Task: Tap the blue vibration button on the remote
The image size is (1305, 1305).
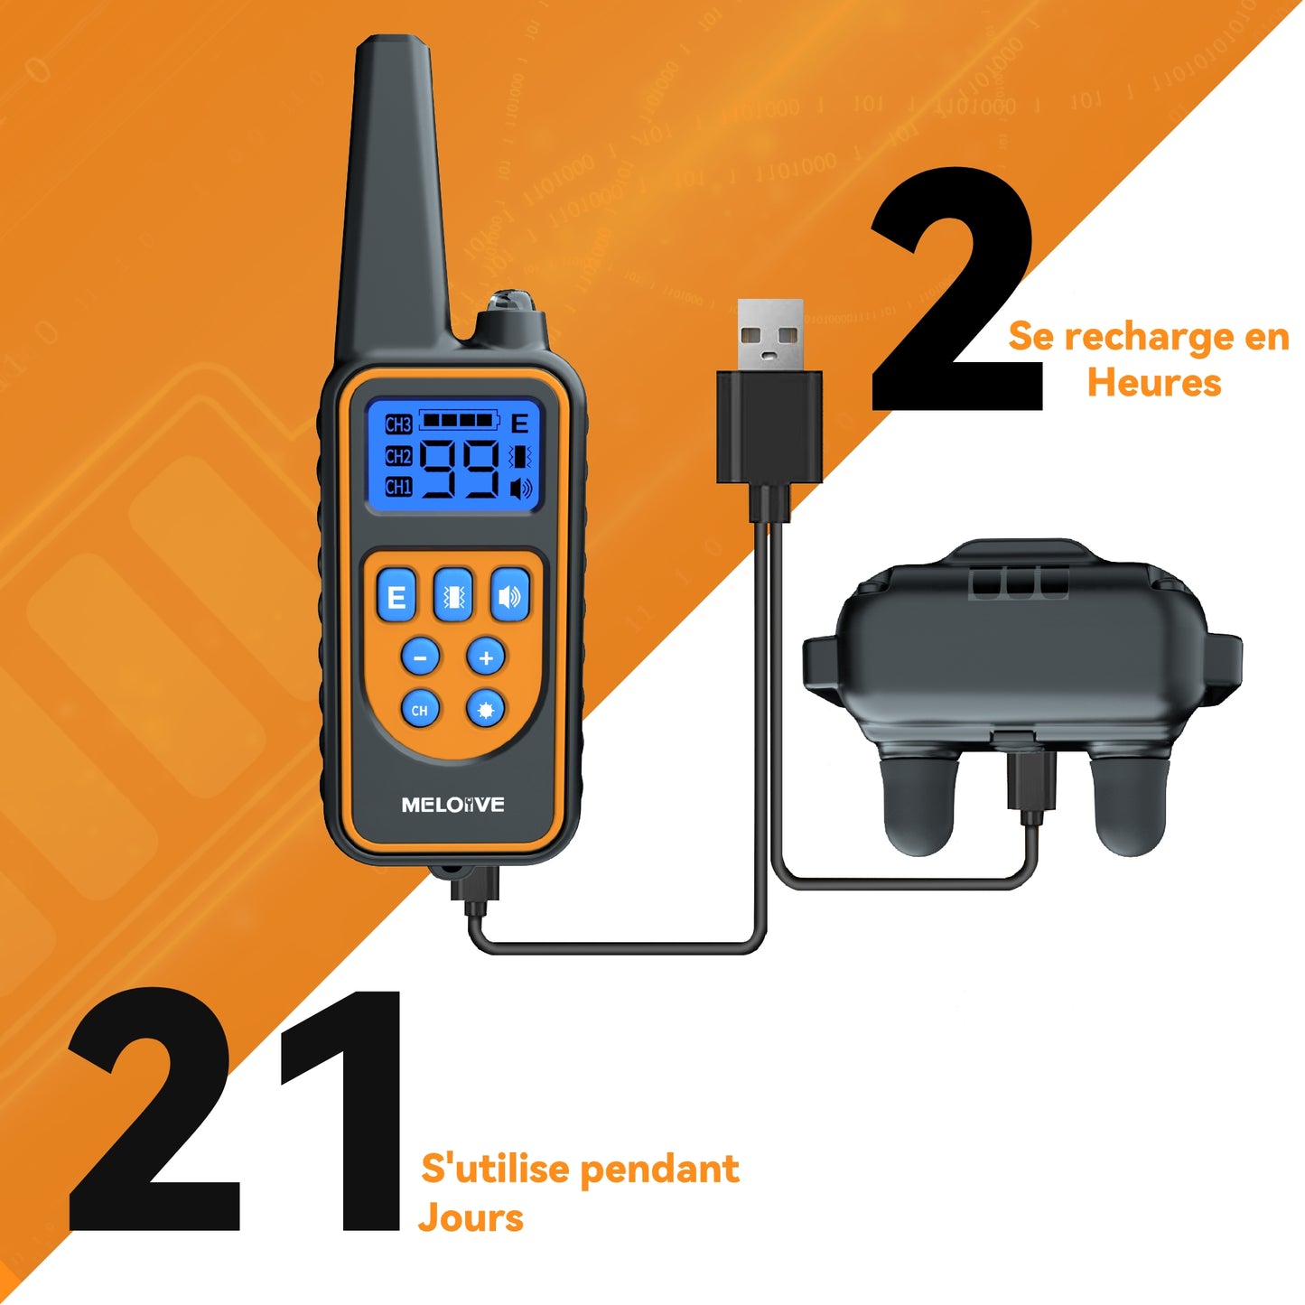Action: click(453, 594)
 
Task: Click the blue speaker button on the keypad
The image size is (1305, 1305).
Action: click(510, 594)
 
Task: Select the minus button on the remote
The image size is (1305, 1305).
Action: click(420, 657)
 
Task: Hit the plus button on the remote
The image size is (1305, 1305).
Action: click(486, 657)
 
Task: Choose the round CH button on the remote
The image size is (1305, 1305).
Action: click(420, 709)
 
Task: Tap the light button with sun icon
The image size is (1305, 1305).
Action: click(486, 709)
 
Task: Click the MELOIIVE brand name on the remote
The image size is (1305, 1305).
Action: click(453, 805)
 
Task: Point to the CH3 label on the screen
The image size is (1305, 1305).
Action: click(398, 424)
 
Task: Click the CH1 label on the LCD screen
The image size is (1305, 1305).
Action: click(398, 486)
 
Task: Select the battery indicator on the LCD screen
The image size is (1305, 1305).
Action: click(459, 420)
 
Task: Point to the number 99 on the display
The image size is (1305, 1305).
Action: click(460, 469)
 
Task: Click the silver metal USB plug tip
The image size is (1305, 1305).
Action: click(770, 334)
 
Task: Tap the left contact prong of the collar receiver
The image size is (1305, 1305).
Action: click(918, 805)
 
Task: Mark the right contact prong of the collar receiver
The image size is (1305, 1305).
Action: click(1129, 805)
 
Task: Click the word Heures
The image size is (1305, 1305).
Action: click(1154, 382)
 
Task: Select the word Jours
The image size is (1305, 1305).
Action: click(471, 1217)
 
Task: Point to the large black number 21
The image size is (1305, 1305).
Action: click(235, 1112)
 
